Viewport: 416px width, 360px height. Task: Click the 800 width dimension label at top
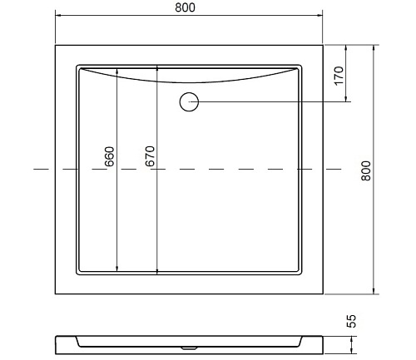tap(185, 7)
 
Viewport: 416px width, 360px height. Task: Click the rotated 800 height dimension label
tap(366, 170)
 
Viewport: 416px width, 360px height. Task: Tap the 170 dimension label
tap(339, 76)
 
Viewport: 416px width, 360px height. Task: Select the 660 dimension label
tap(110, 156)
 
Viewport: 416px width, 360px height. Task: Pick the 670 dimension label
tap(150, 156)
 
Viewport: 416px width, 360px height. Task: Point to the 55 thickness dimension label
tap(351, 321)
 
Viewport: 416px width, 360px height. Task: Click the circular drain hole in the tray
tap(189, 102)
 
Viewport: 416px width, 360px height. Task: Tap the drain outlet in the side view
tap(189, 348)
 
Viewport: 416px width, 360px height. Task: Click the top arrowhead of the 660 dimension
tap(117, 71)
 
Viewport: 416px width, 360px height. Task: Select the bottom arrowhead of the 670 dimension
tap(157, 272)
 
